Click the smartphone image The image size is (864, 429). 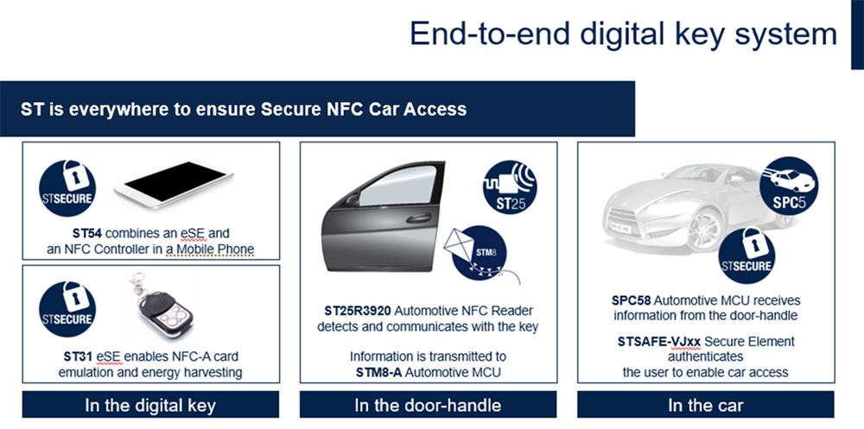tap(174, 184)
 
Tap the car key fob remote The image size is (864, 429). tap(162, 307)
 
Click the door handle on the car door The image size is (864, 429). tap(419, 218)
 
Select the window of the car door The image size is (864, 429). tap(397, 186)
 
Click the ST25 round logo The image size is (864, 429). tap(510, 187)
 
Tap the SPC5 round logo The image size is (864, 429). tap(789, 186)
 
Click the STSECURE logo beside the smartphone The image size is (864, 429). tap(67, 188)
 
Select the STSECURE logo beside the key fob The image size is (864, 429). tap(67, 309)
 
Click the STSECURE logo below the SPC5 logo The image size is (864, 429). tap(746, 256)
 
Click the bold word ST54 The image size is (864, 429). tap(87, 233)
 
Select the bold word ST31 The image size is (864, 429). tap(78, 356)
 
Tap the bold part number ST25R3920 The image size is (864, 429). tap(357, 311)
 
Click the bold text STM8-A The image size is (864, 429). tap(378, 372)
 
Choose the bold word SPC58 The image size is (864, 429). tap(631, 300)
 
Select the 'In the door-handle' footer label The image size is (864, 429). tap(429, 406)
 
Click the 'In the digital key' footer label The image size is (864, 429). tap(150, 406)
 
